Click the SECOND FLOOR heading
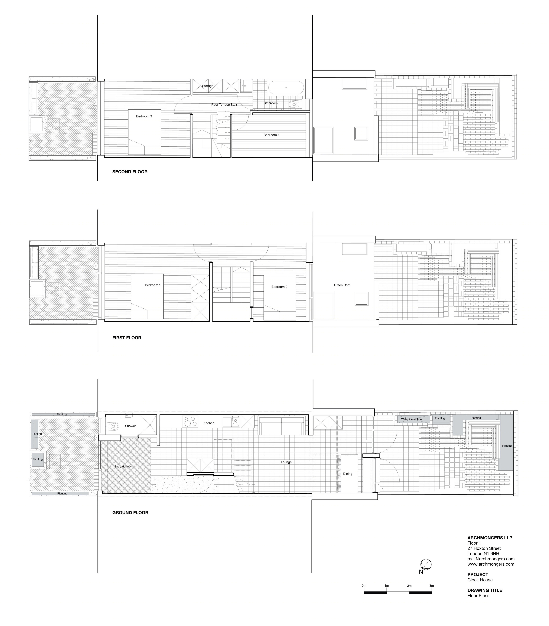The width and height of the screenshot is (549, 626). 130,172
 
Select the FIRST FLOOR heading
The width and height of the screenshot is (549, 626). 127,338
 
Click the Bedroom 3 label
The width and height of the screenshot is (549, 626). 144,116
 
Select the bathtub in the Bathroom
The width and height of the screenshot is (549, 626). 286,88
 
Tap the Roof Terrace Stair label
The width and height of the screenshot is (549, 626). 224,105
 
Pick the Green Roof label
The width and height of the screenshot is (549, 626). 342,285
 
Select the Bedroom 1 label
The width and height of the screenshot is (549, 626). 152,285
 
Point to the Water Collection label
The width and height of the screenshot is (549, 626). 411,419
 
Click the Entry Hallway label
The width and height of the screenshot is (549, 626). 123,467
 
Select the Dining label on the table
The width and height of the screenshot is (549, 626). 348,474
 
